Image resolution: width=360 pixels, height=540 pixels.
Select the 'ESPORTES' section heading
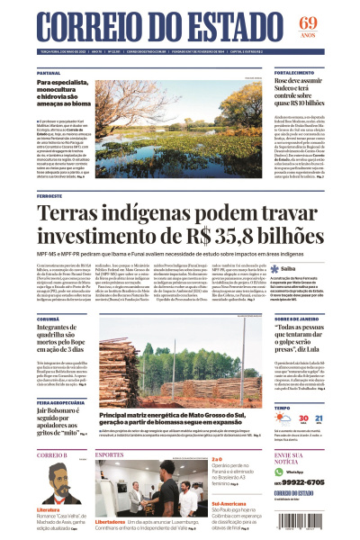click(109, 454)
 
